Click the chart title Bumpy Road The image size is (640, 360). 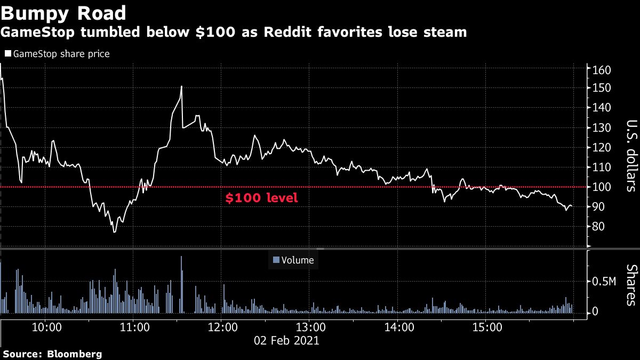(63, 13)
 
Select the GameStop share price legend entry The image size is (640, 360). (57, 54)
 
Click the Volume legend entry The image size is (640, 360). (293, 260)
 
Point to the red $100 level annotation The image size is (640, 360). (261, 198)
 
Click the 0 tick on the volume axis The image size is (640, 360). (595, 311)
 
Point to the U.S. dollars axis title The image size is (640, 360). (630, 156)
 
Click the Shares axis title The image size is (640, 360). (630, 284)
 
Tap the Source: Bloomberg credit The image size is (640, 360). (52, 354)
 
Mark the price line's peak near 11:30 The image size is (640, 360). (182, 86)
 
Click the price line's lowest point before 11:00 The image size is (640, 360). (114, 231)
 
